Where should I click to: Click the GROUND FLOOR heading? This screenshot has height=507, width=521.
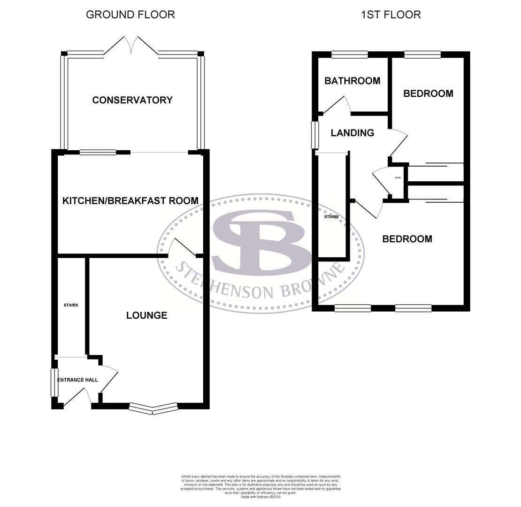[130, 15]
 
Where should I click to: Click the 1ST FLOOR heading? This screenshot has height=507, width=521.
[391, 15]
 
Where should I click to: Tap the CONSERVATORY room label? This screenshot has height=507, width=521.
[132, 100]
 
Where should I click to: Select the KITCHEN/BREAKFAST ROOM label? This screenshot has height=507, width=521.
[130, 201]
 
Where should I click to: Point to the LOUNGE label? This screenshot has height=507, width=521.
[146, 315]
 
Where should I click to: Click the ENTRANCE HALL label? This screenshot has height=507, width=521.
[77, 380]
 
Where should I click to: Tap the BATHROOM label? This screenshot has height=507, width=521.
[352, 81]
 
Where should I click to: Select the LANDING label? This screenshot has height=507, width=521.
[352, 133]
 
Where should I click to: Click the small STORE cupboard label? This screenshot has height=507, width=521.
[398, 178]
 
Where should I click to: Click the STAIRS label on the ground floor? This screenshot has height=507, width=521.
[71, 305]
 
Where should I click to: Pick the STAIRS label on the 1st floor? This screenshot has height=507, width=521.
[331, 217]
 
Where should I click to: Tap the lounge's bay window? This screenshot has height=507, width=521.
[153, 409]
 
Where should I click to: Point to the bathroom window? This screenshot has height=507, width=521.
[350, 54]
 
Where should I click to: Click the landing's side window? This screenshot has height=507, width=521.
[315, 135]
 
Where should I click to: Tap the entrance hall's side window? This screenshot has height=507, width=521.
[54, 382]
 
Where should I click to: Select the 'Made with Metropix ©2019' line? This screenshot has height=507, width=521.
[260, 497]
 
